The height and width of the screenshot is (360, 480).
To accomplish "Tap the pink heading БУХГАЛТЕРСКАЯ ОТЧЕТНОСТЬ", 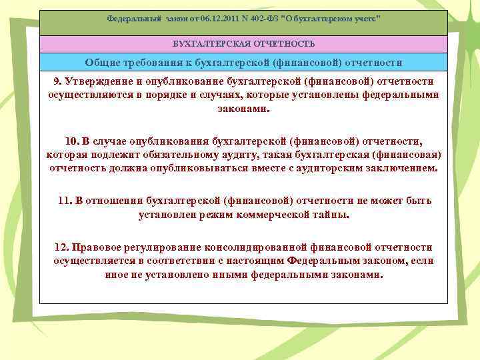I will pos(243,44).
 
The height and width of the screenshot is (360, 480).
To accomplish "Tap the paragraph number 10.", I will pos(72,141).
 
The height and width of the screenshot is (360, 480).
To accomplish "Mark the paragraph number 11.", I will pos(65,200).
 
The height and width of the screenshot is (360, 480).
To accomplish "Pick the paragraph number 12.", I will pos(61,247).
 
